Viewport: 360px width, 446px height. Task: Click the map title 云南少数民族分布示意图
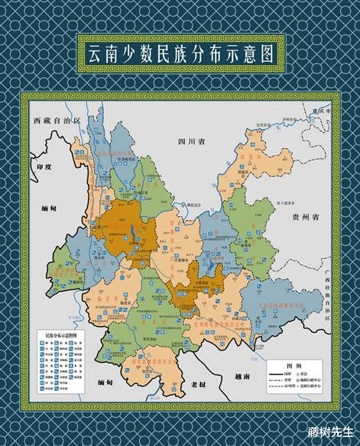tap(180, 54)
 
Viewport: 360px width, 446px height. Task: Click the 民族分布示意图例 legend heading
tap(61, 335)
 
